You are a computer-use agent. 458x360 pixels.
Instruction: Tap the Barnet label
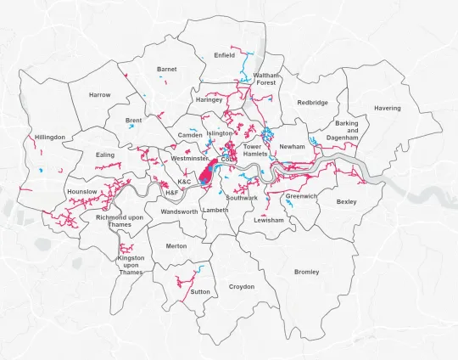(166, 69)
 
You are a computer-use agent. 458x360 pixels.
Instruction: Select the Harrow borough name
(99, 94)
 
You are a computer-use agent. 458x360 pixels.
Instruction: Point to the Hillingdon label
(49, 137)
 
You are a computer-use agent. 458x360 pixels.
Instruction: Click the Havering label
(388, 108)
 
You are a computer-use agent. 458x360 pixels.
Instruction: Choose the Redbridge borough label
(312, 103)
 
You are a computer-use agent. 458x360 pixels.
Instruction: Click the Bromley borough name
(306, 272)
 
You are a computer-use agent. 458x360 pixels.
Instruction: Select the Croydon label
(242, 286)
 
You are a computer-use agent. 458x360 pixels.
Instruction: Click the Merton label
(176, 245)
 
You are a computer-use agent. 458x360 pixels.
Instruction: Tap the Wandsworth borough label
(179, 211)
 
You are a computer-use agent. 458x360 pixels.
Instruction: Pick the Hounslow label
(81, 192)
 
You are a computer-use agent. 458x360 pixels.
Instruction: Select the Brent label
(133, 121)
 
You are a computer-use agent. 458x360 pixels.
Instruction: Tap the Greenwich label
(300, 196)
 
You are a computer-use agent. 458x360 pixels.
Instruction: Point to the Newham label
(292, 146)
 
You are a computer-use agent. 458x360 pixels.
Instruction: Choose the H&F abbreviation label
(171, 193)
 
